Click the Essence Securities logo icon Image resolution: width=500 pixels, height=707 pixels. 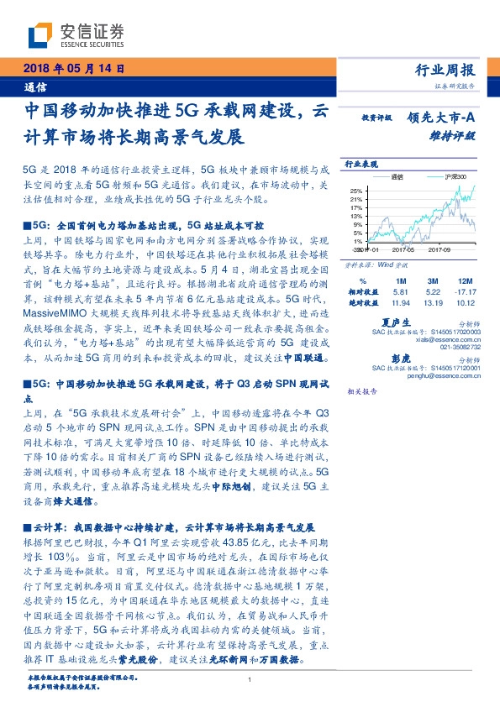click(40, 36)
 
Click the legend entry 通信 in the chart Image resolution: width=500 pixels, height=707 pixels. click(397, 177)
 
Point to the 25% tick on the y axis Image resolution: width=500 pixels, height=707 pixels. click(356, 191)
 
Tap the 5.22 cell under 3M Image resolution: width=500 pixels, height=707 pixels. click(430, 291)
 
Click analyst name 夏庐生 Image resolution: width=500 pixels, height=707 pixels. click(394, 322)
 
